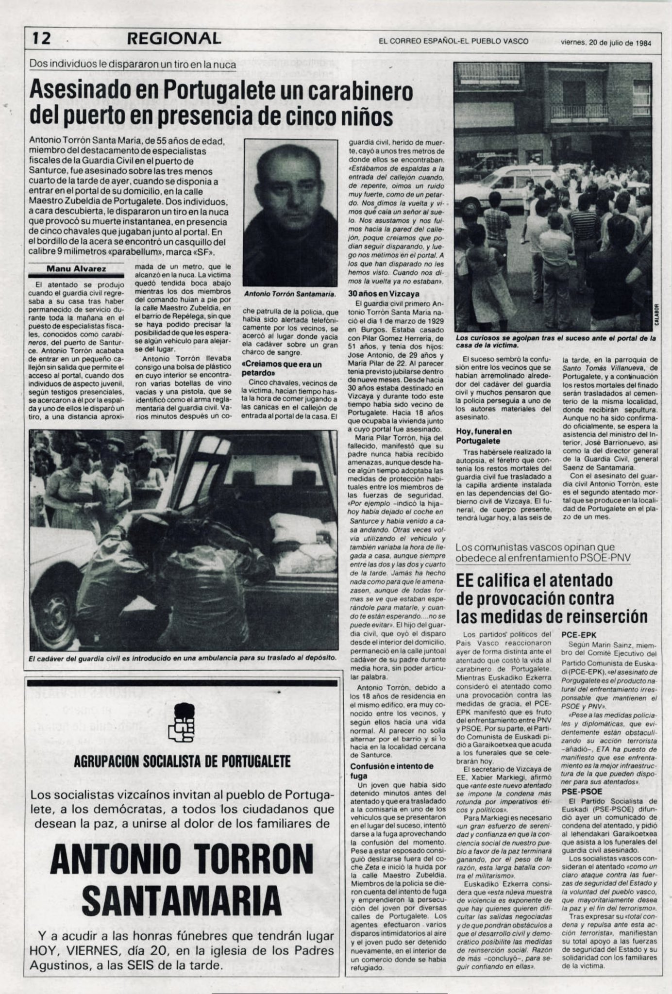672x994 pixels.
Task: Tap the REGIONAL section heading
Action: pos(173,39)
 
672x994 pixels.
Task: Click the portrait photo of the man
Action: pos(290,213)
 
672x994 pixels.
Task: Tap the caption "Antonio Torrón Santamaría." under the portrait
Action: pos(290,294)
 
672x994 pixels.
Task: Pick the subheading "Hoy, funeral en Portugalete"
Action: pos(484,436)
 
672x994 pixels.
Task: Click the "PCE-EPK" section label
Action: pos(579,634)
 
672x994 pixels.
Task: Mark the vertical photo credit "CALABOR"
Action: pos(656,318)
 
